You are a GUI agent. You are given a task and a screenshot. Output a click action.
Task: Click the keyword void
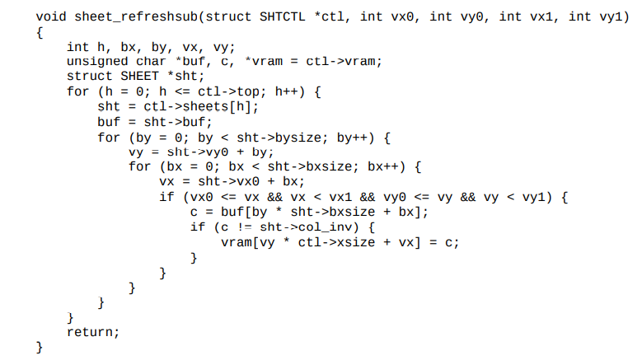pos(51,17)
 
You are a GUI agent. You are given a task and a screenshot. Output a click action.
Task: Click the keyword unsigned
pos(97,62)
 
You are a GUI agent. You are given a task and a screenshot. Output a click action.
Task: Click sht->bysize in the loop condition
pos(283,137)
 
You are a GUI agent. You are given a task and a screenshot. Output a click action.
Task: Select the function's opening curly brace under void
pos(40,32)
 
